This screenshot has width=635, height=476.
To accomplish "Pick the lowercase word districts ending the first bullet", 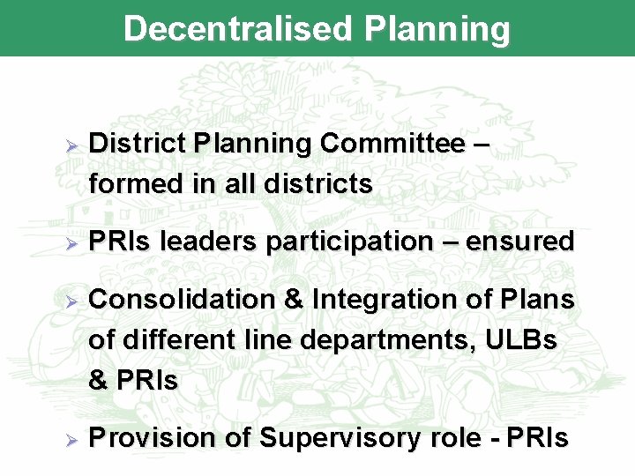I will [x=317, y=185].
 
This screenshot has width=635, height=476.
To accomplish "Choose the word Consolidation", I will [x=181, y=300].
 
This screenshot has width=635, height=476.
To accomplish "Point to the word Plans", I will [x=539, y=300].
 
